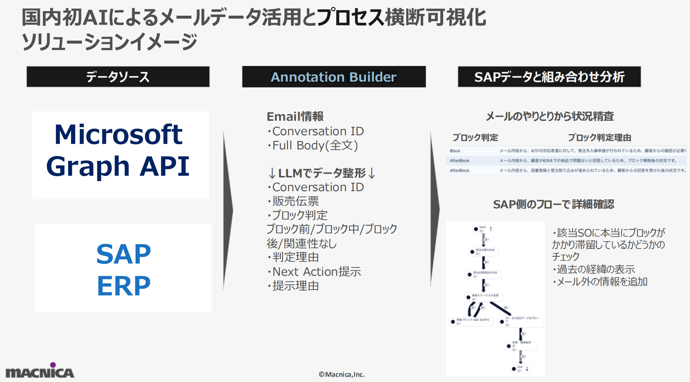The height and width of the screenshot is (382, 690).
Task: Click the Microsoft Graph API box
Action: pyautogui.click(x=120, y=155)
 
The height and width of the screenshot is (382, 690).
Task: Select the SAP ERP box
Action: pyautogui.click(x=123, y=268)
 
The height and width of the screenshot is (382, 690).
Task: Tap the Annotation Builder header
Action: pyautogui.click(x=334, y=77)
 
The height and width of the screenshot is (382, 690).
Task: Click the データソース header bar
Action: pyautogui.click(x=118, y=77)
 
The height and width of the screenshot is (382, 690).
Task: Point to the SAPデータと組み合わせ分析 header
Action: pyautogui.click(x=549, y=77)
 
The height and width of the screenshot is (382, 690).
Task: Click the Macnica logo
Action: pyautogui.click(x=40, y=371)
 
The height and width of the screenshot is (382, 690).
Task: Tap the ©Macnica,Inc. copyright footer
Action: pyautogui.click(x=341, y=374)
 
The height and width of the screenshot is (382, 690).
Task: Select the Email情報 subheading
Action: pyautogui.click(x=295, y=116)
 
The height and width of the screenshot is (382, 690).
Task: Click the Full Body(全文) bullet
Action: pyautogui.click(x=315, y=145)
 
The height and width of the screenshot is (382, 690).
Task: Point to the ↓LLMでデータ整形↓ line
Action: pyautogui.click(x=322, y=173)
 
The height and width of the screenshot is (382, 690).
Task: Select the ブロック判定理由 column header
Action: pyautogui.click(x=599, y=138)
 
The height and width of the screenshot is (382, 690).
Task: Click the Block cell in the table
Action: pyautogui.click(x=455, y=151)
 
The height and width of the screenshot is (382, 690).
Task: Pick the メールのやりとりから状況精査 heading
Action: pyautogui.click(x=550, y=116)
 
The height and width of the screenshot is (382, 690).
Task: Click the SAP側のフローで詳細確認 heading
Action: pyautogui.click(x=553, y=204)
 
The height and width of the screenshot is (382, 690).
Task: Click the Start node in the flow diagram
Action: pyautogui.click(x=477, y=229)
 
